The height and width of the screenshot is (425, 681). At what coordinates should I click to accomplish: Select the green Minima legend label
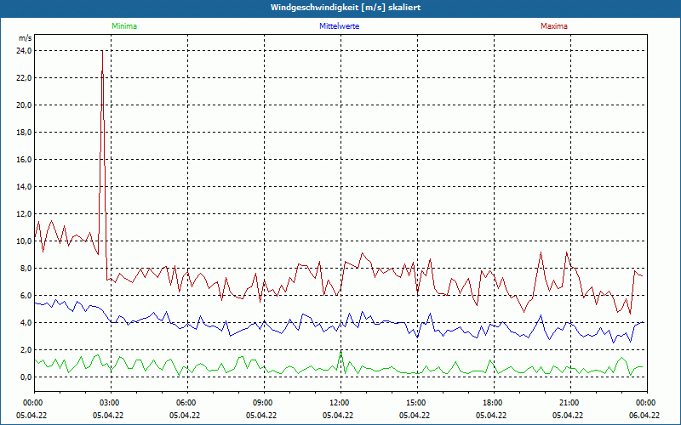point(123,26)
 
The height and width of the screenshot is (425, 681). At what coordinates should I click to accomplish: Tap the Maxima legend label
point(553,26)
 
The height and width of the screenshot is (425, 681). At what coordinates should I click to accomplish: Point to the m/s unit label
point(25,38)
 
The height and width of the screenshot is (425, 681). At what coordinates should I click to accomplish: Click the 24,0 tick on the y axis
point(24,51)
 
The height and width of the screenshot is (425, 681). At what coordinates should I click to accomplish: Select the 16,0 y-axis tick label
point(24,160)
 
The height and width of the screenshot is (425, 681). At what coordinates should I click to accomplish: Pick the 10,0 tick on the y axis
point(24,241)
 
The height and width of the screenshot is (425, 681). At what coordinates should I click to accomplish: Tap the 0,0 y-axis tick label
point(26,377)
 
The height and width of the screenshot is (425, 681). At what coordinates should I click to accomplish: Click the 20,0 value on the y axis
point(24,105)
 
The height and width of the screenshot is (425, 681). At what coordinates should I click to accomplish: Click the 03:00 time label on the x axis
point(110,402)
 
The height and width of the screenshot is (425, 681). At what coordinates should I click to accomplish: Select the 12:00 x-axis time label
point(339,402)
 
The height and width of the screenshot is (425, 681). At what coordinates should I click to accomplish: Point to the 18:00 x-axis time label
point(492,402)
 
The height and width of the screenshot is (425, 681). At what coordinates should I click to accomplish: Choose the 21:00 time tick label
point(569,402)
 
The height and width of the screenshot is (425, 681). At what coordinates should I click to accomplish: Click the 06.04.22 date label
point(644,416)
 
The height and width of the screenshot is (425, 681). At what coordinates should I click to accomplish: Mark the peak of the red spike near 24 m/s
point(102,51)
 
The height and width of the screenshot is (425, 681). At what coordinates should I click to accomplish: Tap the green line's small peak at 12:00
point(340,353)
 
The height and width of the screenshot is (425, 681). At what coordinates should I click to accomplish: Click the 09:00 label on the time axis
point(262,402)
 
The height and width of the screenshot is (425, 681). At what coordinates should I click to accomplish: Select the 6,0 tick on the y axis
point(26,296)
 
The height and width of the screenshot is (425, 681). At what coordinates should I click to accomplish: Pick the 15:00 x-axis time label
point(415,402)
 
